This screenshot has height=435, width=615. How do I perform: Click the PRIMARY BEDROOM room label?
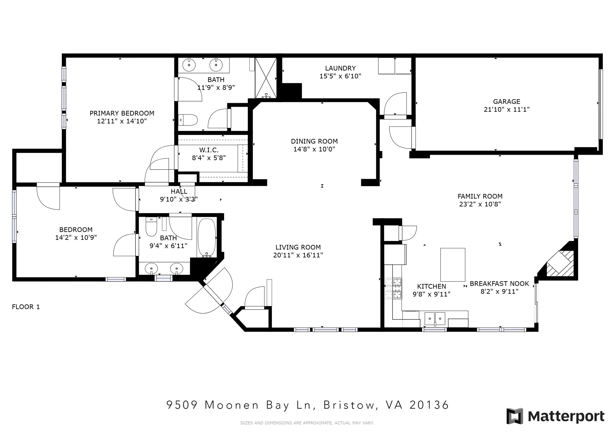coord(122,113)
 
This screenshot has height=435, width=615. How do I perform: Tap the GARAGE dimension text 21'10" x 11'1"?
coord(507,109)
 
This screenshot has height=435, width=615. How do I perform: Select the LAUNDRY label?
coord(340,68)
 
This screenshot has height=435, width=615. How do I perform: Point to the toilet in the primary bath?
coord(188,120)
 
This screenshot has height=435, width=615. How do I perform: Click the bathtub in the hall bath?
coord(207,238)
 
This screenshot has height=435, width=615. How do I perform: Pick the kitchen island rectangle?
coord(453,265)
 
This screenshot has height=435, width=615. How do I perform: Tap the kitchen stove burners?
coord(393,288)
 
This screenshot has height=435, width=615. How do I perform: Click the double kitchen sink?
coord(435,319)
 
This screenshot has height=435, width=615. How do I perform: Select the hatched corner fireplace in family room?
coord(560,264)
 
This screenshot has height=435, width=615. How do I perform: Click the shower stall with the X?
coord(266,78)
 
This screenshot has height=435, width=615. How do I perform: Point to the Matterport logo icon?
coord(515,416)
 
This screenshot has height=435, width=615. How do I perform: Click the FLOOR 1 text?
coord(26,307)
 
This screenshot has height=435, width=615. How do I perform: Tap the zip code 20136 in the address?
coord(429,405)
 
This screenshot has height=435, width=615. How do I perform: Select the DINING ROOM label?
coord(314,141)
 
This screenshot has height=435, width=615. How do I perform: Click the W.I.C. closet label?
coord(209,150)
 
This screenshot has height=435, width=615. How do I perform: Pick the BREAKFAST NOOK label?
coord(499,284)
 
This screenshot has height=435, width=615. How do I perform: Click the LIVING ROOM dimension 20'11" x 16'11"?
coord(298,255)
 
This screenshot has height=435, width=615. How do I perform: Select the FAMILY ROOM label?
coord(480,196)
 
